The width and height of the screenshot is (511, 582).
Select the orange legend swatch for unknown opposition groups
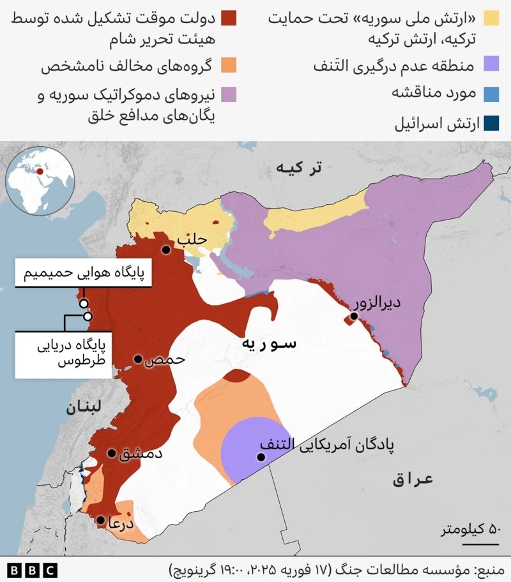coord(229,66)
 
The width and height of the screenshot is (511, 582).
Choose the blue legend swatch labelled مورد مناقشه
coord(491,94)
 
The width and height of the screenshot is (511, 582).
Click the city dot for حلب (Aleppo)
coord(166,250)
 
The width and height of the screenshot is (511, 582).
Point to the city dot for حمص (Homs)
coord(137,360)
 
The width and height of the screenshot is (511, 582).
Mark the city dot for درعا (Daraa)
coord(101,521)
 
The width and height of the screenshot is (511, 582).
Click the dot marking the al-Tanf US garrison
coord(261,457)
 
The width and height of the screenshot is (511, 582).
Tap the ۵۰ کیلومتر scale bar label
coord(469,529)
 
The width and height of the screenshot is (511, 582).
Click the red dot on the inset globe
coord(41,171)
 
